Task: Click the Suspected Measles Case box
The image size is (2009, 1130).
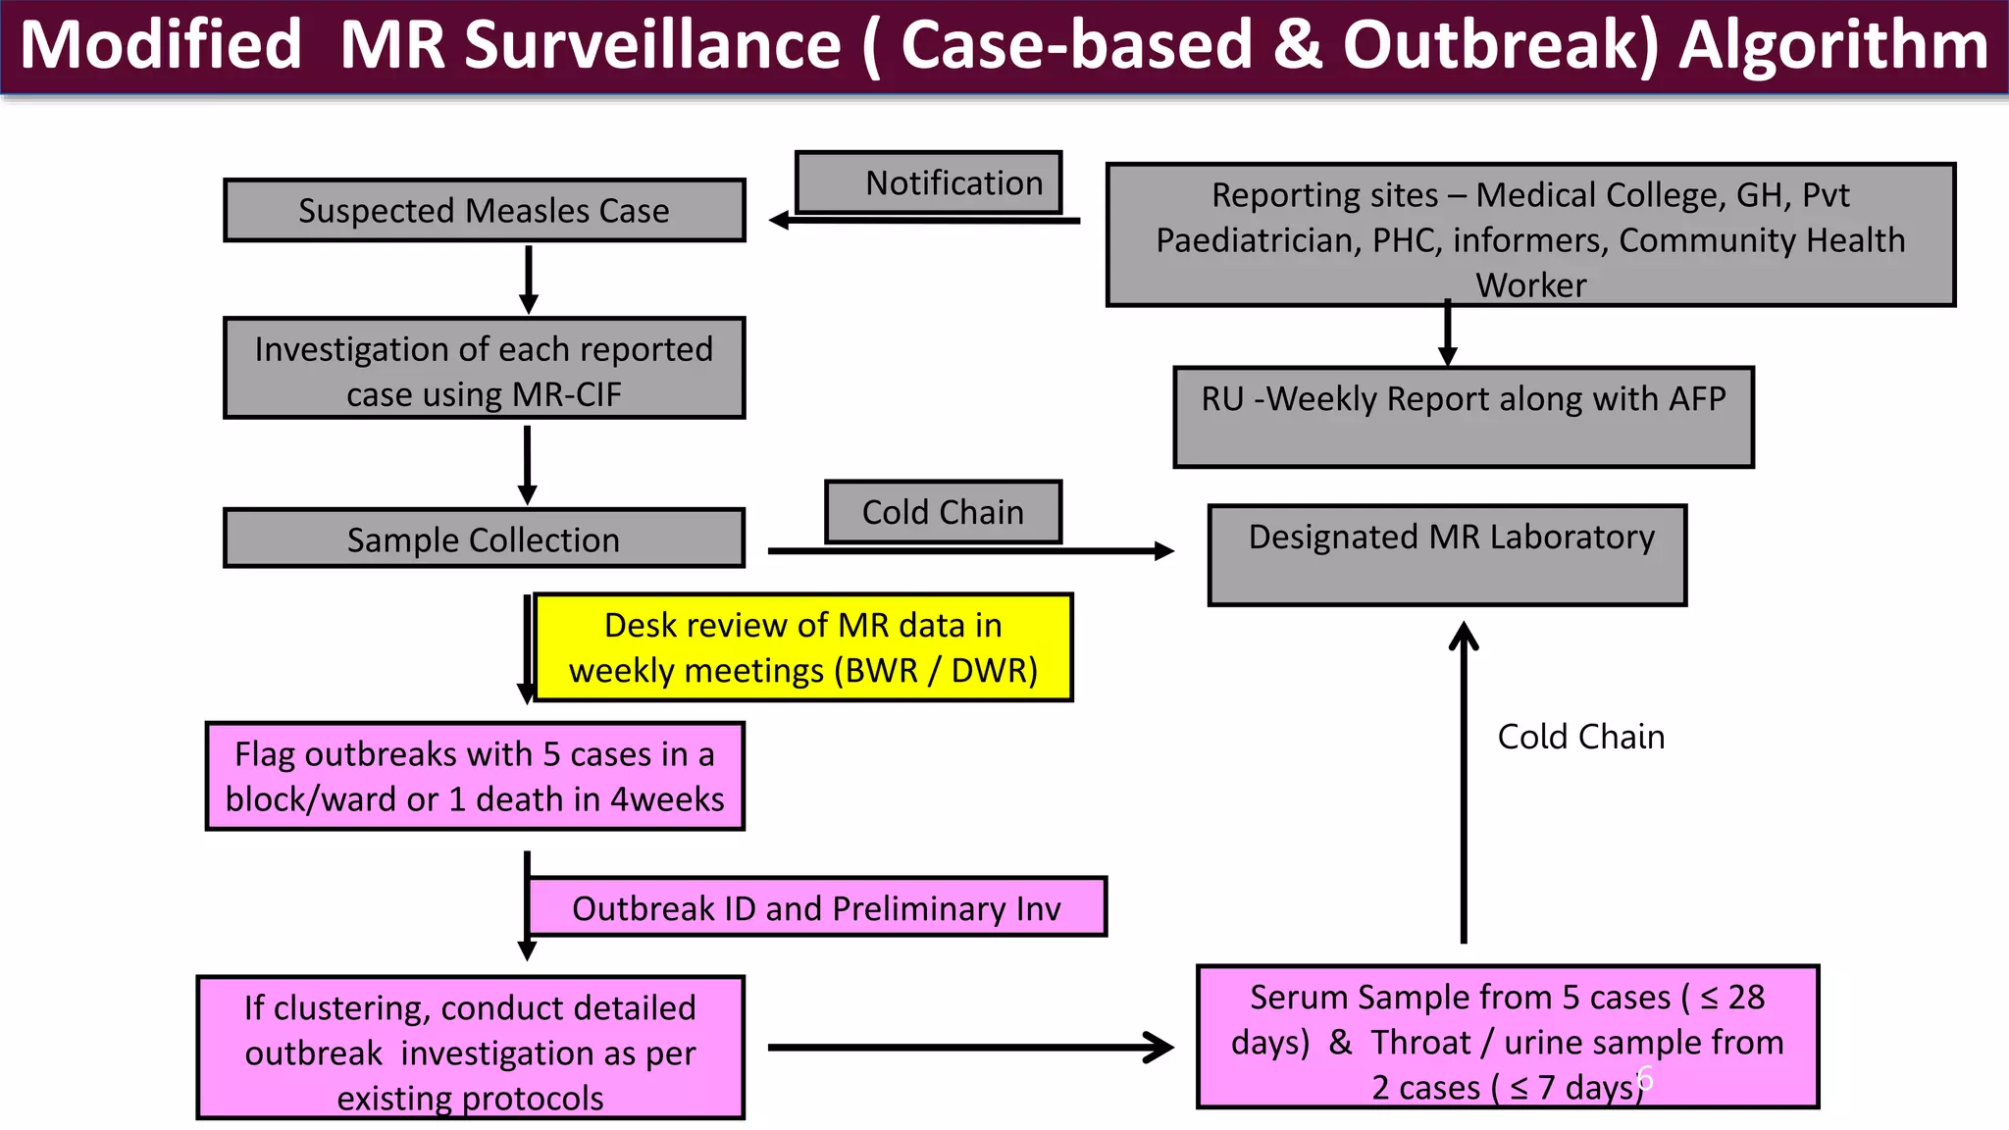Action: [484, 210]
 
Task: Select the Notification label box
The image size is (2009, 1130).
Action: [928, 182]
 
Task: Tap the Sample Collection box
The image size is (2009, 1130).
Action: [484, 539]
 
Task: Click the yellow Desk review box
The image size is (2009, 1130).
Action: [802, 647]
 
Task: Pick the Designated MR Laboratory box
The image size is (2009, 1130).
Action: [1447, 555]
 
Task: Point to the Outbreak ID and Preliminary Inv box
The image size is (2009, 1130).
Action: [816, 907]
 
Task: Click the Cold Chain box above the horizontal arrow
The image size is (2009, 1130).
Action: [943, 511]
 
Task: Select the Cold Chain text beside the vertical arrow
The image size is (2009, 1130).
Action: [1580, 737]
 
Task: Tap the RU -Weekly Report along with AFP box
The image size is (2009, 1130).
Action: [1463, 417]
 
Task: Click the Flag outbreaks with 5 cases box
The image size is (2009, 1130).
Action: [475, 776]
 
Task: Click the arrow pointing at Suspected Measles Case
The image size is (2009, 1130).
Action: [922, 221]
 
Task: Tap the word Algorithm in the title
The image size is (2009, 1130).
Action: [1832, 46]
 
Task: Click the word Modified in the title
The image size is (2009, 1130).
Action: [161, 46]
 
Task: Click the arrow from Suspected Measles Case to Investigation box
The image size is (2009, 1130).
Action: [529, 279]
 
